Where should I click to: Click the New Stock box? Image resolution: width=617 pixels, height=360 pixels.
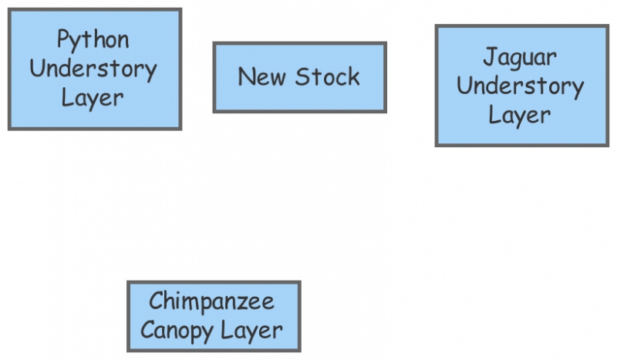point(299,77)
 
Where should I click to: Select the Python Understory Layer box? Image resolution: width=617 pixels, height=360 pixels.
point(94,69)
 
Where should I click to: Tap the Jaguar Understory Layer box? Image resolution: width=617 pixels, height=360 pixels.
point(521,86)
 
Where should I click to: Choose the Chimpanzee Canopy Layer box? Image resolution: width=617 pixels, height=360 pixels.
point(214,316)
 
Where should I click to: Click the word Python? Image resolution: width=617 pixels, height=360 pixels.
point(93,39)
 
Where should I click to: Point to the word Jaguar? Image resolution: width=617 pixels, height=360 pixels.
point(520,57)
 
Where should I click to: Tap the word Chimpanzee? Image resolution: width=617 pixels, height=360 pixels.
point(212,301)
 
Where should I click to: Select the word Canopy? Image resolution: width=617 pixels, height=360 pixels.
point(176,331)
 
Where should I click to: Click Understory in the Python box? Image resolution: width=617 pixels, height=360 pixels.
point(93,69)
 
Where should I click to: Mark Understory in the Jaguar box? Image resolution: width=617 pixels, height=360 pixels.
point(521,86)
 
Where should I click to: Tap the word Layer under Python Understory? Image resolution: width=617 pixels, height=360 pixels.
point(93,98)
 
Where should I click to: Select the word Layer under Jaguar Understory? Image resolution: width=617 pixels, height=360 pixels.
point(520,115)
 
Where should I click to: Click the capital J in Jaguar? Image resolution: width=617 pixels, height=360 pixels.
point(489,56)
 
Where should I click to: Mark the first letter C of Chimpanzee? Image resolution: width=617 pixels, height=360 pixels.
point(155,301)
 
